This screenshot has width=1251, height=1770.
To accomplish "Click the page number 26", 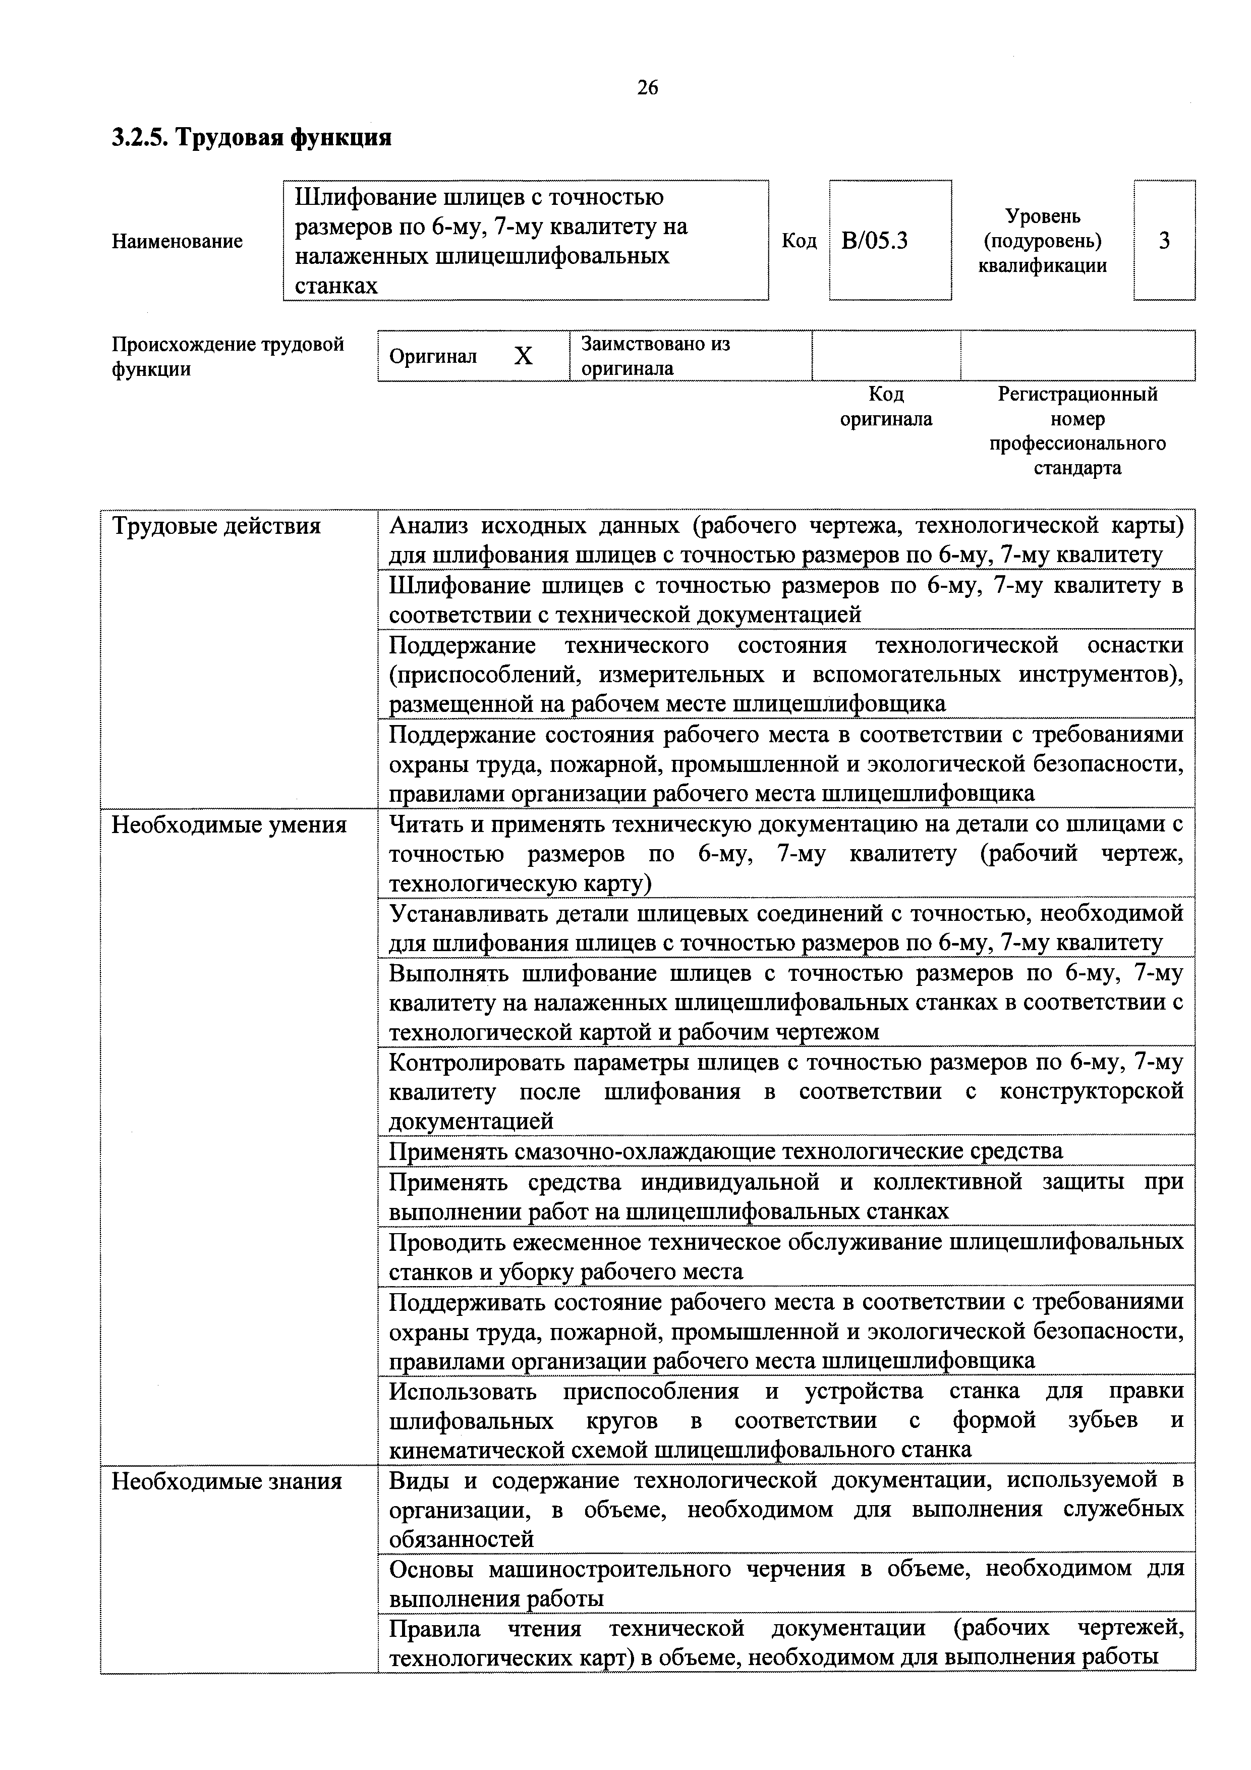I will (648, 88).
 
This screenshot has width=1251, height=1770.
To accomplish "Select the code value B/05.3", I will (874, 241).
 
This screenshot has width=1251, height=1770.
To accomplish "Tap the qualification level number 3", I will (1164, 241).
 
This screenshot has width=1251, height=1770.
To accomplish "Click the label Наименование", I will (177, 241).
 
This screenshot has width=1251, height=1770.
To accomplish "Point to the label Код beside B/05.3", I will (799, 241).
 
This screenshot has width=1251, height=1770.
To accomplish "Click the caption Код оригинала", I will (886, 406).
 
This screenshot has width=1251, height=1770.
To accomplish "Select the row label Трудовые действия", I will (216, 527).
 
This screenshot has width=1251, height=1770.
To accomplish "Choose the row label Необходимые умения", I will (229, 825).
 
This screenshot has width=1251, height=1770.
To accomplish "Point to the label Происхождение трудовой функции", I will (228, 356).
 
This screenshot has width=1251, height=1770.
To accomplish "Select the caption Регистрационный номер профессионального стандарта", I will (1077, 431).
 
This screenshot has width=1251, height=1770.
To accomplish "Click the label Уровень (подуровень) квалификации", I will (1042, 241).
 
